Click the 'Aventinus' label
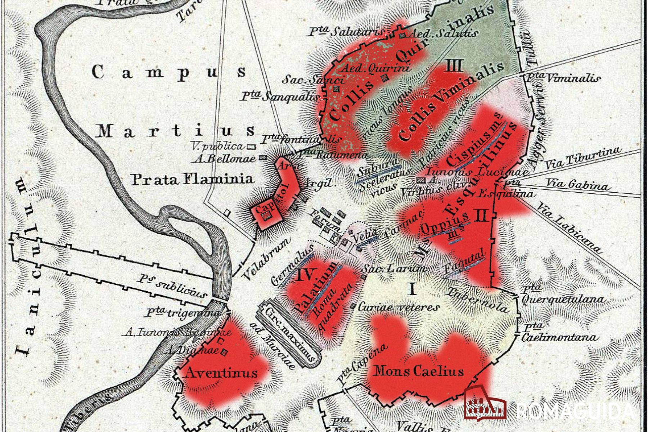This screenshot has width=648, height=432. [x=221, y=373]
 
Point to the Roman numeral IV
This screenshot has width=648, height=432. [x=307, y=275]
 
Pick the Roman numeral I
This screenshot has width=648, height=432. [x=413, y=289]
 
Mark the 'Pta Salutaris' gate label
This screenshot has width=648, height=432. [x=346, y=32]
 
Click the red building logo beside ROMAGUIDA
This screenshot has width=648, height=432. [x=485, y=402]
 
